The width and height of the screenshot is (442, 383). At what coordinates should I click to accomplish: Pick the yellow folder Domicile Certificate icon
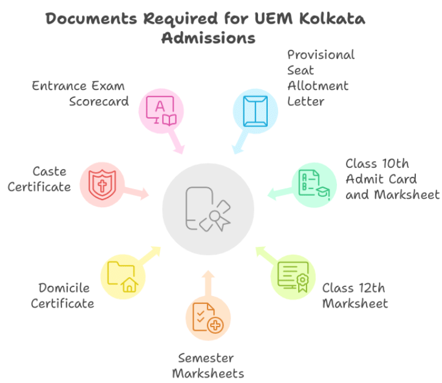coord(123,277)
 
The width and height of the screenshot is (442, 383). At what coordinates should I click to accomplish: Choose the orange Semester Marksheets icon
coord(208,318)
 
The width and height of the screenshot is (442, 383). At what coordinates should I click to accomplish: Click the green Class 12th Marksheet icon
coord(293,277)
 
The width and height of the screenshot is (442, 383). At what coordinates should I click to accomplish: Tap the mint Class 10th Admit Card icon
coord(313,185)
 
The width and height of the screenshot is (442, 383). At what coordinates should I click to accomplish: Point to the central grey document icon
coord(208,209)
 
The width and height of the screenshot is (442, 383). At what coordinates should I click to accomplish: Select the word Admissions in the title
coord(208,38)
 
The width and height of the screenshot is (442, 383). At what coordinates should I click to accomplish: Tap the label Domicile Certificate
coord(63,295)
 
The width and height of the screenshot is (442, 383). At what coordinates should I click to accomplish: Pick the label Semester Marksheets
coord(208,365)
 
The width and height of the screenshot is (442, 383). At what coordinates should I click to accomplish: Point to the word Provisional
coord(321,54)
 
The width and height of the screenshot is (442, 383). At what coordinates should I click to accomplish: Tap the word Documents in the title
coord(92,18)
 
